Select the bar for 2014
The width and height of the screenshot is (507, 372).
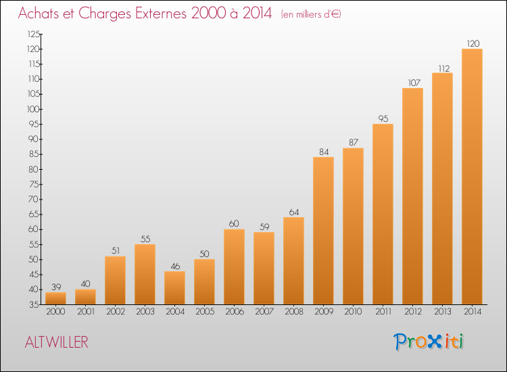click(472, 177)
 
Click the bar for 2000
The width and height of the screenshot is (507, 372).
click(55, 298)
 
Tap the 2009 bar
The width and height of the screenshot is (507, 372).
click(323, 231)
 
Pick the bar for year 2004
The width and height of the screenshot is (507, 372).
click(174, 288)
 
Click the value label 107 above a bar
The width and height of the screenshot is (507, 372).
click(414, 83)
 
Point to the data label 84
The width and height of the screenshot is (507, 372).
click(324, 152)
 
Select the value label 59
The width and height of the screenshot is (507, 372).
click(264, 227)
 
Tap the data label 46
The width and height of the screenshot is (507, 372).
click(175, 266)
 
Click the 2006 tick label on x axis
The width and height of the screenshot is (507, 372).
click(235, 312)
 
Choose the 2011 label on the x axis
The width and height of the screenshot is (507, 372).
click(383, 312)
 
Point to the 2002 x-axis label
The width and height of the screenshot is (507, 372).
click(116, 312)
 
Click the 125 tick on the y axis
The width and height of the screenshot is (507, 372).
click(34, 34)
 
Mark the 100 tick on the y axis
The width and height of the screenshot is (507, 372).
click(34, 109)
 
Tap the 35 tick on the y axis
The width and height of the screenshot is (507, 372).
click(34, 304)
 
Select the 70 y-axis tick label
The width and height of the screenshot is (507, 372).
click(34, 200)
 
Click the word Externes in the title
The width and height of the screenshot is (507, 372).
click(161, 14)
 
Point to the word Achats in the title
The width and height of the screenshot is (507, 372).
click(38, 14)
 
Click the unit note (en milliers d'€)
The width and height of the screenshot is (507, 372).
click(311, 14)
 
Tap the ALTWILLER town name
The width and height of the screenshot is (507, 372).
click(57, 342)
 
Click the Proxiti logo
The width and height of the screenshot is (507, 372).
click(429, 342)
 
